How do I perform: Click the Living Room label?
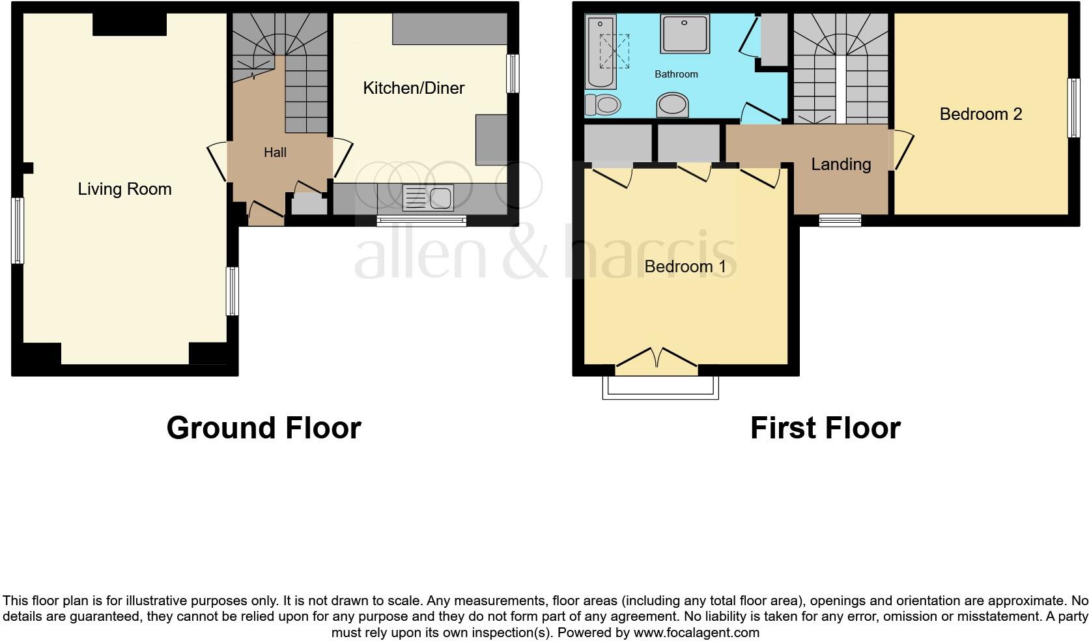[124, 189]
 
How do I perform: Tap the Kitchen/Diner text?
[413, 88]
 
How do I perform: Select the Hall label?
[275, 152]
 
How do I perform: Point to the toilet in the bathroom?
[602, 104]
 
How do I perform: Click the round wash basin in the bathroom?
[673, 104]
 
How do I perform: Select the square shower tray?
[685, 35]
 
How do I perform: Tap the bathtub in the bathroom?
[601, 52]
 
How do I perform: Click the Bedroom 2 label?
[980, 114]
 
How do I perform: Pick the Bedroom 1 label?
[685, 266]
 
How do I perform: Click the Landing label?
[841, 164]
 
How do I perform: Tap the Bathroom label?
[676, 74]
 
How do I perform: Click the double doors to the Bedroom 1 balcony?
[657, 361]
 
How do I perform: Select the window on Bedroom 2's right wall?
[1073, 108]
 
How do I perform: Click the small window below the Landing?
[840, 220]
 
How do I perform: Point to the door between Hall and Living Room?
[218, 161]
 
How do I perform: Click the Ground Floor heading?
[264, 428]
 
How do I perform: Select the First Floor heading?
[825, 428]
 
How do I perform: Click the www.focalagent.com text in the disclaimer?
[696, 633]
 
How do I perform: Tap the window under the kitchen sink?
[421, 221]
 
